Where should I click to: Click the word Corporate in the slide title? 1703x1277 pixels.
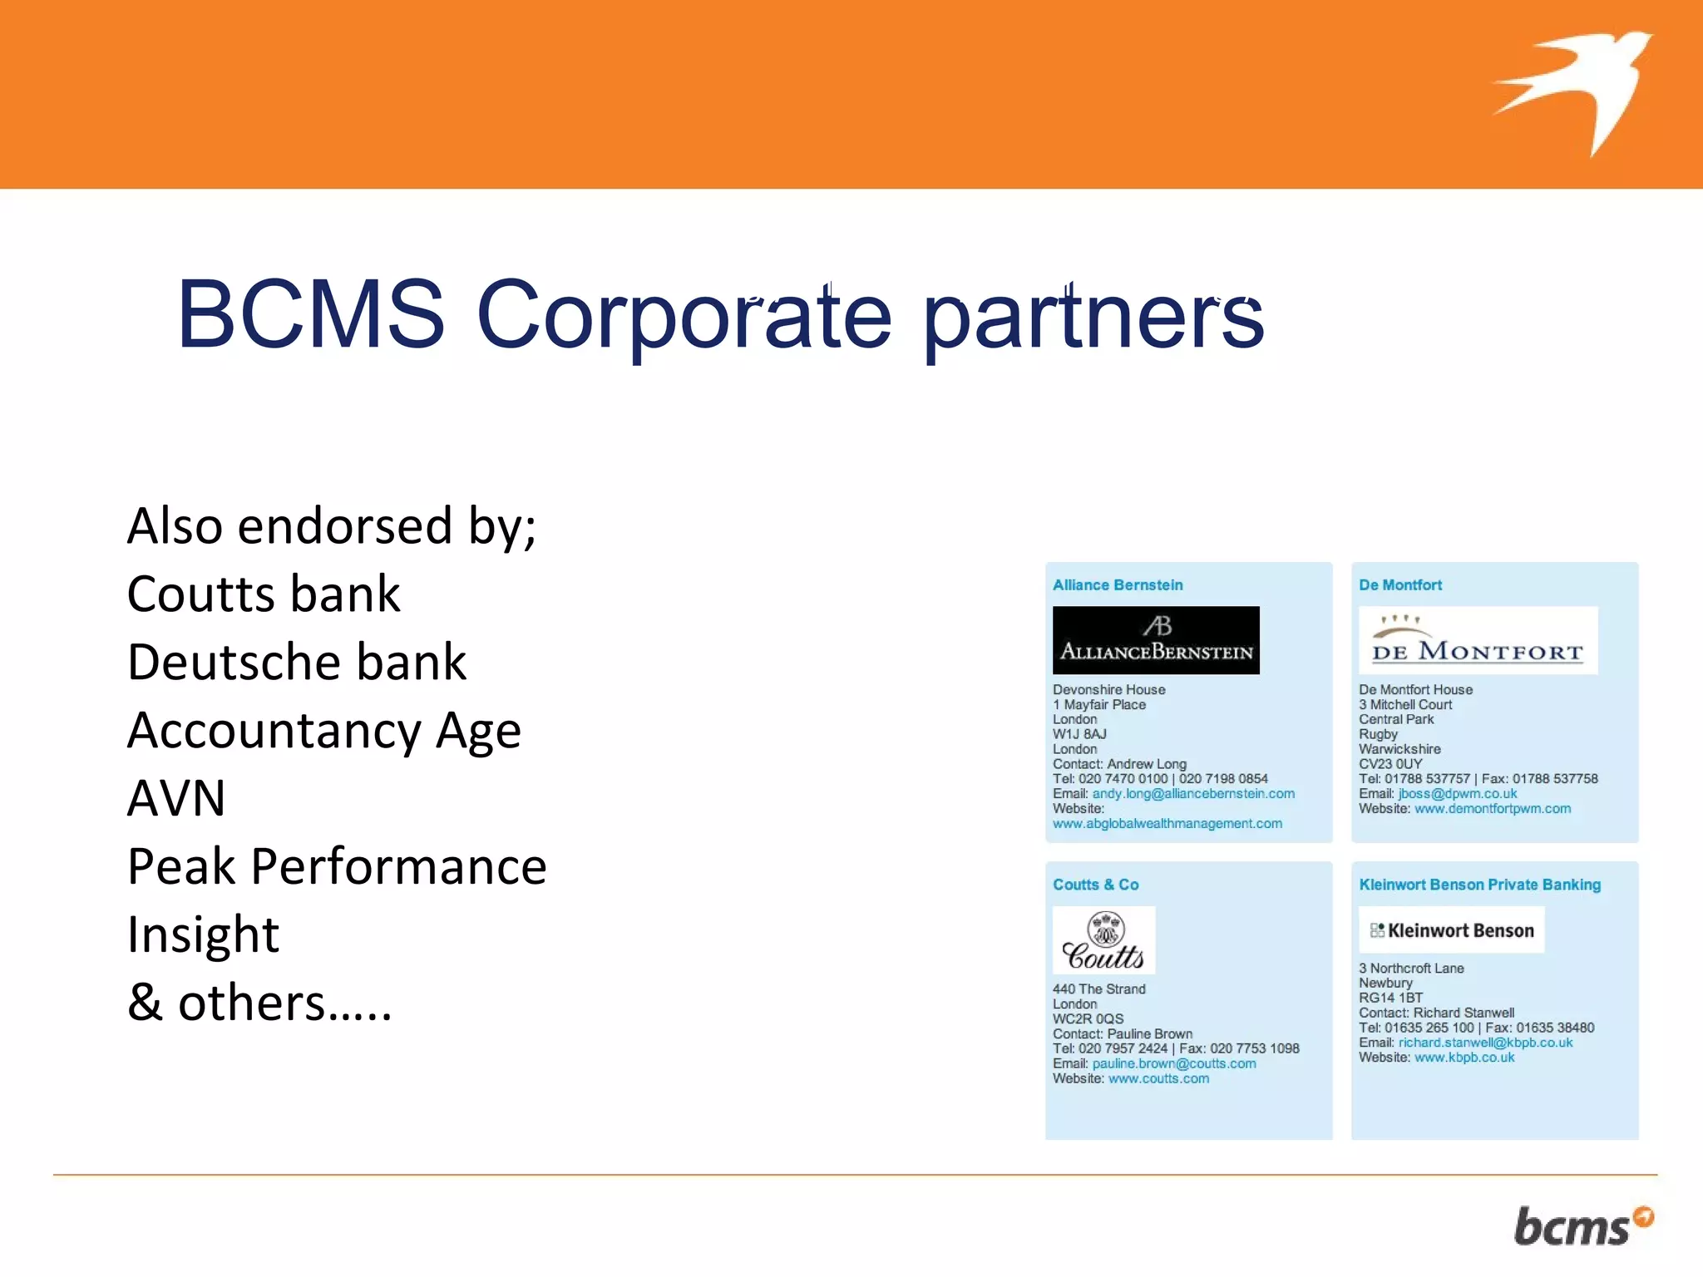[x=684, y=316]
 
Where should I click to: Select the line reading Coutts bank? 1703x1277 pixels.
[x=264, y=594]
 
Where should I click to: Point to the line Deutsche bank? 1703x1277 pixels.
[x=297, y=663]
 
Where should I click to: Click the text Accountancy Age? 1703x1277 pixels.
[x=323, y=731]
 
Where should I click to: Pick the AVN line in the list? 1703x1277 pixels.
[x=176, y=799]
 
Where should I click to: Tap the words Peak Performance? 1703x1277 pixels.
[x=337, y=867]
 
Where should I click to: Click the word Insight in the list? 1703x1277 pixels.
[x=203, y=935]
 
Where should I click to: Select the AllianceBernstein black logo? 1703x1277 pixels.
[x=1155, y=640]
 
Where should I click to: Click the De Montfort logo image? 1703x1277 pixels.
[x=1478, y=640]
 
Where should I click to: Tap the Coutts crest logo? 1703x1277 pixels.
[x=1103, y=940]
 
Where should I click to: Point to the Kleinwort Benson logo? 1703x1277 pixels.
[x=1451, y=930]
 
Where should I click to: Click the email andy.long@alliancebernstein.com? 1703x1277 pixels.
[x=1192, y=794]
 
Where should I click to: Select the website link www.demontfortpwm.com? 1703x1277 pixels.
[x=1492, y=809]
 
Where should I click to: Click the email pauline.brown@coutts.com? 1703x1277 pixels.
[x=1173, y=1064]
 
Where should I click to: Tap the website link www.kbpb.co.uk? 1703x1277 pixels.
[x=1464, y=1058]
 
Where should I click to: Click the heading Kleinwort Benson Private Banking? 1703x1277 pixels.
[x=1479, y=885]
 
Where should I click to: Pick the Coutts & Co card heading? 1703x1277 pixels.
[x=1095, y=885]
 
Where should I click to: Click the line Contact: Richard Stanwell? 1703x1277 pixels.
[x=1436, y=1013]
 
